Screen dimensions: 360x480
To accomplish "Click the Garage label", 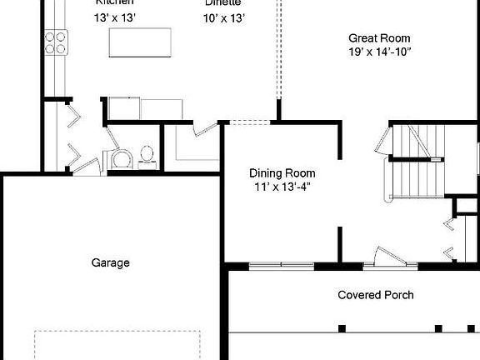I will [110, 262].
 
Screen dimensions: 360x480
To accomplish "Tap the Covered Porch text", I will [375, 295].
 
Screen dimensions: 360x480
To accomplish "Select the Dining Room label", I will [282, 173].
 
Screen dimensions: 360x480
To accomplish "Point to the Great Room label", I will [378, 37].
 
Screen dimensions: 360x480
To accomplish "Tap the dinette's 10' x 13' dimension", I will [224, 17].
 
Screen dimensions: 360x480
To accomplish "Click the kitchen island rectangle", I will [140, 43].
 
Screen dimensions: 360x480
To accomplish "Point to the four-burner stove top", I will [56, 42].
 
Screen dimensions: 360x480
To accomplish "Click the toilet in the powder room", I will [147, 155].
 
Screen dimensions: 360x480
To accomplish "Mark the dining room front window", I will [282, 266].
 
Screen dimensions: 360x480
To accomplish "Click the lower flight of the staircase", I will [413, 177].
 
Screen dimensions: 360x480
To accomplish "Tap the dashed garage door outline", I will [117, 343].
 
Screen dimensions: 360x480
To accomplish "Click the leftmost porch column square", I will [342, 327].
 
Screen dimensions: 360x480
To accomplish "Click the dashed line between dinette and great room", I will [277, 50].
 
